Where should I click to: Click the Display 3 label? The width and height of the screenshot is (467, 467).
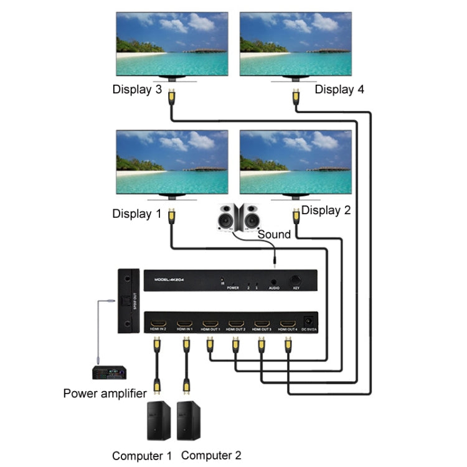tap(137, 89)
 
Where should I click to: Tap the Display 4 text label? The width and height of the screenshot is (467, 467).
tap(339, 89)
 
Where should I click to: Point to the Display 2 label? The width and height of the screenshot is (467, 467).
tap(326, 210)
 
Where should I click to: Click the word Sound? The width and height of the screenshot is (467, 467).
tap(274, 234)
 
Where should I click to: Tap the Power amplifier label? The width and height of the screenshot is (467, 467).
tap(105, 393)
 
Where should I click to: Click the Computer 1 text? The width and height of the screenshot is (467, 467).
tap(141, 456)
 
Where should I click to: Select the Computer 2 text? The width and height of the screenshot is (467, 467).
tap(210, 456)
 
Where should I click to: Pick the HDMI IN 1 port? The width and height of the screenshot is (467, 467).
tap(184, 324)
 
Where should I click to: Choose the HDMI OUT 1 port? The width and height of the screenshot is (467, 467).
tap(210, 324)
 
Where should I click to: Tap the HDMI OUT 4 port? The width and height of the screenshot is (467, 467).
tap(287, 324)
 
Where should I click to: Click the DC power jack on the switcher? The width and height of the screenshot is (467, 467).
tap(307, 321)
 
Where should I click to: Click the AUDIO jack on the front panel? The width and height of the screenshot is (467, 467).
tap(273, 281)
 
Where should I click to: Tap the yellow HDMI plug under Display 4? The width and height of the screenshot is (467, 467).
tap(296, 97)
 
